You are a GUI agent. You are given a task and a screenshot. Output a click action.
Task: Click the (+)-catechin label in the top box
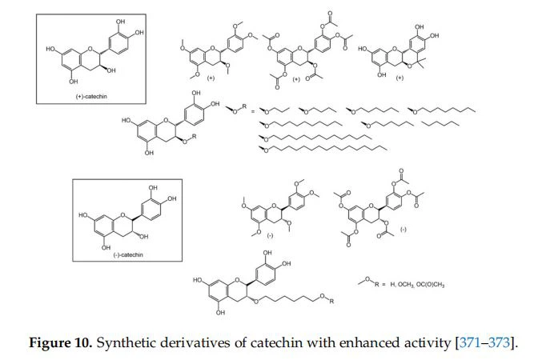click(86, 96)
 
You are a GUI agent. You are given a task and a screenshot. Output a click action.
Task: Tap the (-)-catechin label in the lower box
click(122, 254)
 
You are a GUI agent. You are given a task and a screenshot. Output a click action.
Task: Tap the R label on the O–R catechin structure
click(193, 137)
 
